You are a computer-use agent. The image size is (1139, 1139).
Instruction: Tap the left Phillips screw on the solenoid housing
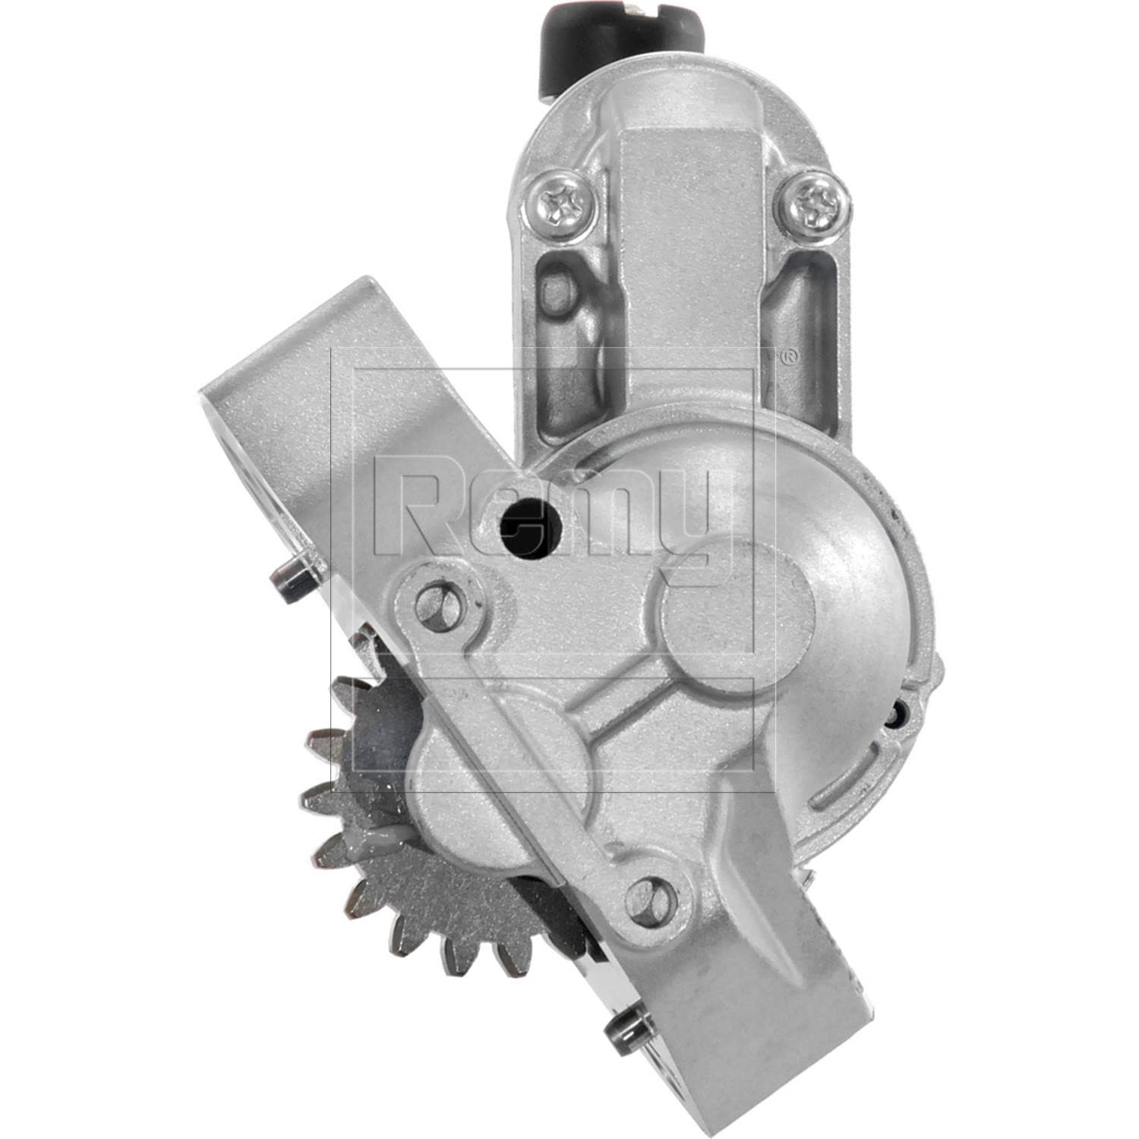pos(563,202)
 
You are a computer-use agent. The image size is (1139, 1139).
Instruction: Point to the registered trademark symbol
pos(789,357)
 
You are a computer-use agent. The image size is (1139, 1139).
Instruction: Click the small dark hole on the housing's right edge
pos(899,712)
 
